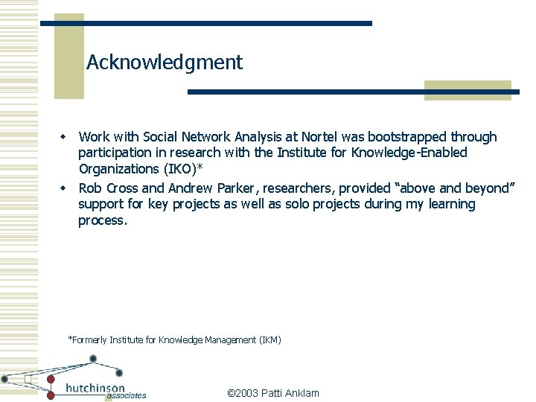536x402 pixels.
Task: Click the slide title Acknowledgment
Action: [x=165, y=63]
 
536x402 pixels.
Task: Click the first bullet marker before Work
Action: [x=64, y=138]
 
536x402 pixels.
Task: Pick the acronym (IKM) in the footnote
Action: [x=269, y=340]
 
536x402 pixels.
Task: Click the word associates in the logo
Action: [x=126, y=396]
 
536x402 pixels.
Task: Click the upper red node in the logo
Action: [x=51, y=379]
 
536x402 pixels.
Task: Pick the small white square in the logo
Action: [x=27, y=380]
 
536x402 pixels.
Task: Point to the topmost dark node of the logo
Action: [x=93, y=359]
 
